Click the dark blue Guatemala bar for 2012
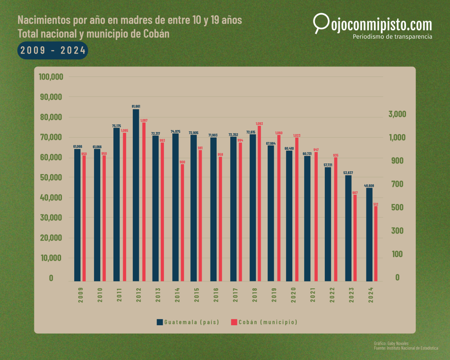pyautogui.click(x=136, y=195)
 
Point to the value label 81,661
pyautogui.click(x=136, y=106)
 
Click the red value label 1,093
pyautogui.click(x=259, y=124)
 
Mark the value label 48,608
pyautogui.click(x=369, y=185)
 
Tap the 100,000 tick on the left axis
pyautogui.click(x=51, y=77)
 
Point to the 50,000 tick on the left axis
pyautogui.click(x=51, y=178)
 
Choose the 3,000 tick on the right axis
pyautogui.click(x=397, y=114)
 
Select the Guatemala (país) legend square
pyautogui.click(x=160, y=322)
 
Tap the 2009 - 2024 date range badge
pyautogui.click(x=53, y=50)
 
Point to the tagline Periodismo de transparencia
pyautogui.click(x=392, y=36)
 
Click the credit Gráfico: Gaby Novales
pyautogui.click(x=391, y=343)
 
